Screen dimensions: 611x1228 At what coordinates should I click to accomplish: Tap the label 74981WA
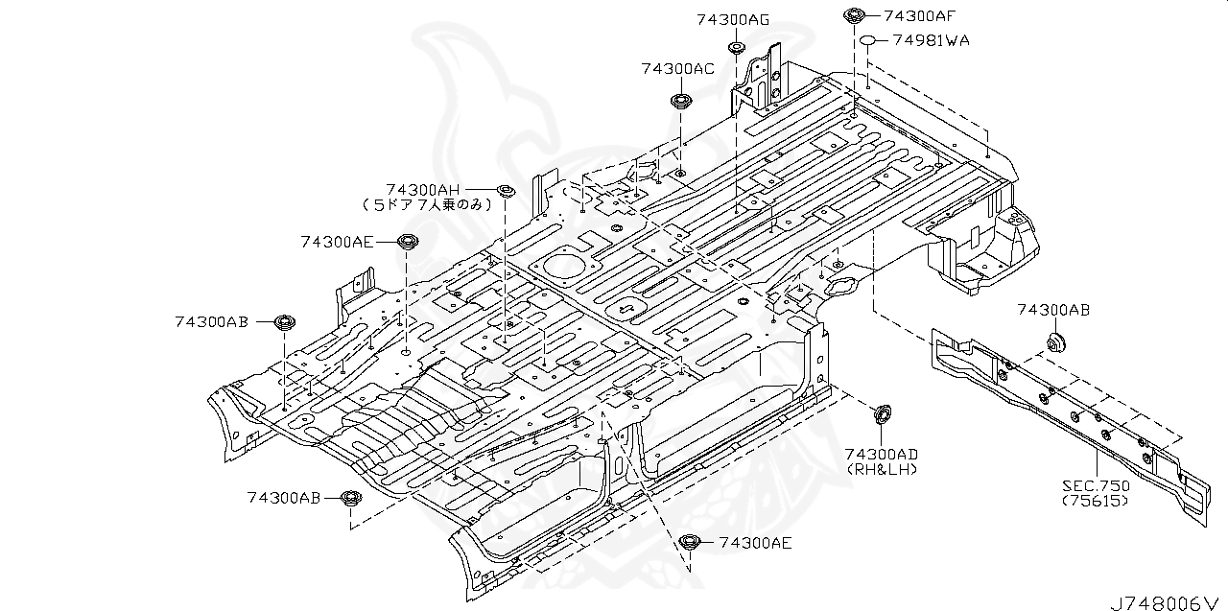click(930, 40)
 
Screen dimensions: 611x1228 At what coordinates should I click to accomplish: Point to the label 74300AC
click(678, 69)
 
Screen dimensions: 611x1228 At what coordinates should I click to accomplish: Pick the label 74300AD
click(882, 453)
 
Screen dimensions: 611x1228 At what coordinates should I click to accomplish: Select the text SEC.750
click(1096, 486)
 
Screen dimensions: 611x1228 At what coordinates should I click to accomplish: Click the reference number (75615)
click(1096, 501)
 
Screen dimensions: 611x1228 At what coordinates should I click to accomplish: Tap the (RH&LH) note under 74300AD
click(882, 468)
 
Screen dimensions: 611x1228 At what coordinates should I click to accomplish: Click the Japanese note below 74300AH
click(427, 204)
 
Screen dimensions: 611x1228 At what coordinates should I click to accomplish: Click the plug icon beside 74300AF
click(852, 14)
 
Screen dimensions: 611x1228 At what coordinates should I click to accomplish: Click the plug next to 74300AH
click(506, 191)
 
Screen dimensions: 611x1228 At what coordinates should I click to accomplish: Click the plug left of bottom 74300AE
click(687, 542)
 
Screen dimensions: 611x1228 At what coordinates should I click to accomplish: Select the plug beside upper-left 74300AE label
click(407, 241)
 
